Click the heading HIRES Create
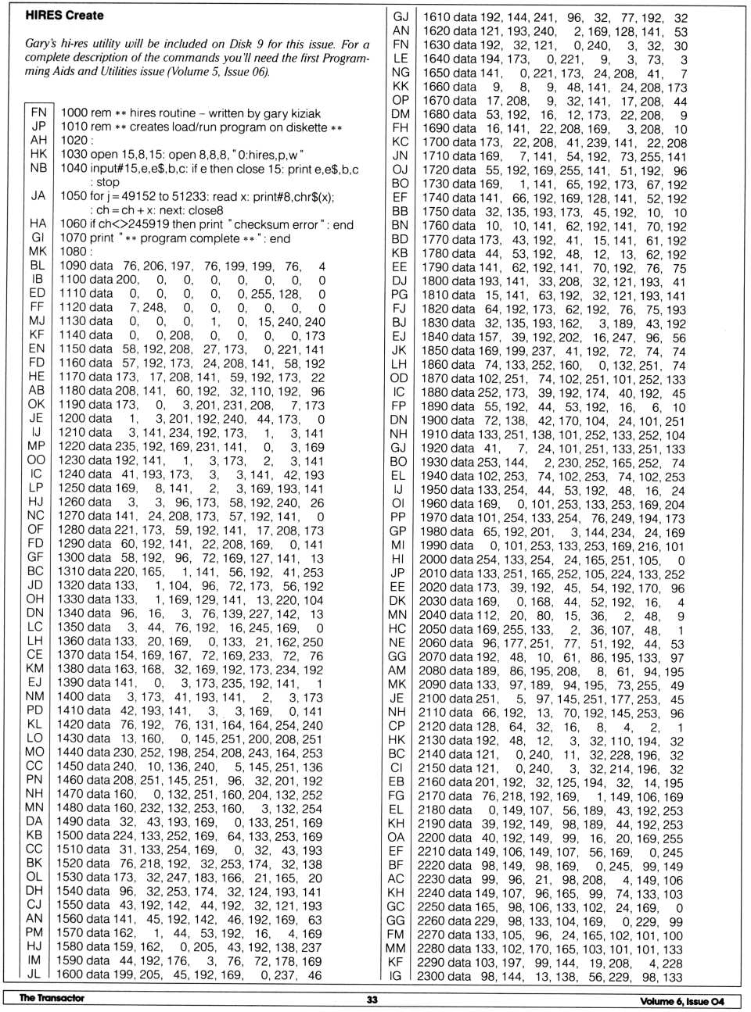[x=64, y=15]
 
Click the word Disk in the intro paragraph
[x=255, y=44]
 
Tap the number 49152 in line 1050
[x=135, y=196]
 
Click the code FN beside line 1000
[x=38, y=113]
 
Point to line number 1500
[x=74, y=835]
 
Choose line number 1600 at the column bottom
[x=74, y=974]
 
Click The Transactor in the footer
[x=52, y=998]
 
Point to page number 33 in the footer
[x=372, y=999]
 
